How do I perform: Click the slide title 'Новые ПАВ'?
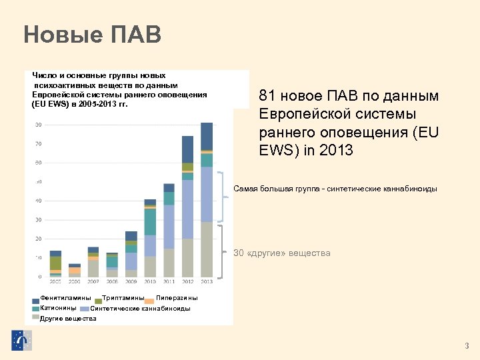(x=92, y=34)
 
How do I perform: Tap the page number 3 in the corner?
(x=467, y=345)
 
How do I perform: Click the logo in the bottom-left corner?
(x=21, y=340)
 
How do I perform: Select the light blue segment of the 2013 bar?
(x=207, y=194)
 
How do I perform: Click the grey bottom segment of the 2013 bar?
(x=207, y=249)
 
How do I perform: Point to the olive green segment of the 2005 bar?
(x=55, y=263)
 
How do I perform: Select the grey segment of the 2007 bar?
(x=93, y=268)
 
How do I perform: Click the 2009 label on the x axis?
(x=131, y=282)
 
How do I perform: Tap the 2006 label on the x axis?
(x=75, y=282)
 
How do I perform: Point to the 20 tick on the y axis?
(x=39, y=239)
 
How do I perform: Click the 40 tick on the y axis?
(x=39, y=201)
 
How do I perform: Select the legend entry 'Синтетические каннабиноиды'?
(x=140, y=309)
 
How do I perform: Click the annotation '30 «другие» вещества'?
(x=281, y=253)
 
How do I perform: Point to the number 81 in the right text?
(x=267, y=97)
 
